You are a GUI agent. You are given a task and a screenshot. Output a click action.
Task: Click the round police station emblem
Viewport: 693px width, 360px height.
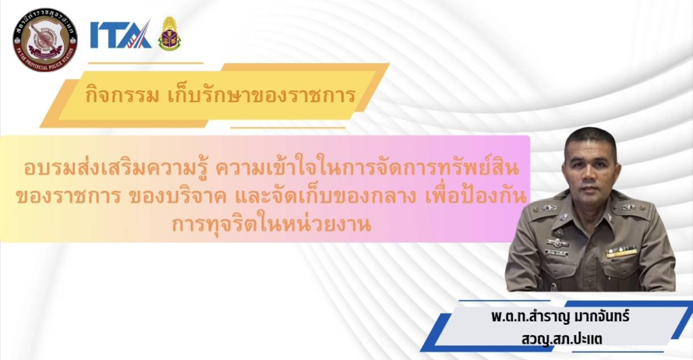pos(45,39)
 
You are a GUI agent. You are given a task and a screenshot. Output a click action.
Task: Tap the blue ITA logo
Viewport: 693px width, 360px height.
pos(120,35)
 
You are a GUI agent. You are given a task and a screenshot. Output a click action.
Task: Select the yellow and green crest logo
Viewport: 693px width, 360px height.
pos(169,34)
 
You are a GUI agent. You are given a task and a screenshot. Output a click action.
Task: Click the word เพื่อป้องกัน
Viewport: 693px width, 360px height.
pos(476,196)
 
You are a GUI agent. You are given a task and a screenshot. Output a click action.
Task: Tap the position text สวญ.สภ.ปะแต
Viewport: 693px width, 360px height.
pos(561,339)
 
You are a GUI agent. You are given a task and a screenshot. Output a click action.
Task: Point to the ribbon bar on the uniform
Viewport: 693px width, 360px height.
pos(621,252)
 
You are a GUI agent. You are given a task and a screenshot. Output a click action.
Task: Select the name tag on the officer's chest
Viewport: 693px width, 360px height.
pos(556,253)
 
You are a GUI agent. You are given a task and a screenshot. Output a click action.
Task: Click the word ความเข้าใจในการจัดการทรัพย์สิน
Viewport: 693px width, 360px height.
pos(367,168)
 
